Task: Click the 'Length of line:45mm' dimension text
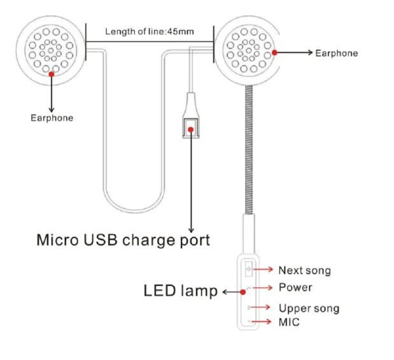point(150,32)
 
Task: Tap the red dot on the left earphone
point(52,74)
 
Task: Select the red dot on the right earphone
point(274,52)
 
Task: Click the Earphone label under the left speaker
point(52,118)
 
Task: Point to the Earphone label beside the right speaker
point(337,53)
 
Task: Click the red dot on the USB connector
point(191,130)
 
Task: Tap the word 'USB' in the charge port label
point(101,240)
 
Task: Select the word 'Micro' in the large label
point(57,240)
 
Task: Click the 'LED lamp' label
point(180,291)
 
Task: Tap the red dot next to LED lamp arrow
point(243,292)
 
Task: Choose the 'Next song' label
point(304,270)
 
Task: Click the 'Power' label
point(295,287)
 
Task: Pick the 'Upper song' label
point(309,308)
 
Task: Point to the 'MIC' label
point(289,322)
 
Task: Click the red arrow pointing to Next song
point(263,270)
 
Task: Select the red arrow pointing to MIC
point(262,321)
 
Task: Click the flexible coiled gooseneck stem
point(249,149)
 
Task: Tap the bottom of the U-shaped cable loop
point(134,211)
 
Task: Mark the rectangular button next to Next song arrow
point(249,269)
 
